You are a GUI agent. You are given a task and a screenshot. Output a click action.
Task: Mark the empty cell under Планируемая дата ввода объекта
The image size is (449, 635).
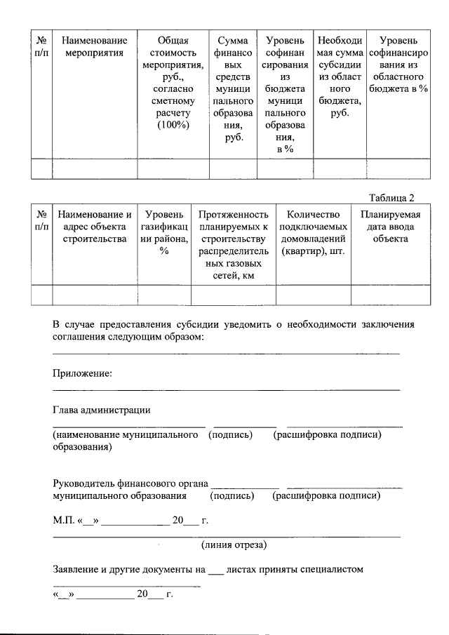coord(390,295)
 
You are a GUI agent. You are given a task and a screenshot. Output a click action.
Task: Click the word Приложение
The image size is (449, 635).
coord(82,373)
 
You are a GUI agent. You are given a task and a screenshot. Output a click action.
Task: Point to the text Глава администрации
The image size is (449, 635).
coord(102,410)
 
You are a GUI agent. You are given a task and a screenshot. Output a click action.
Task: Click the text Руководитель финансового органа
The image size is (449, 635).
coord(130,483)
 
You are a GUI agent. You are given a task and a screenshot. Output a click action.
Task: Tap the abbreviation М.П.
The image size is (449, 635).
coord(63,521)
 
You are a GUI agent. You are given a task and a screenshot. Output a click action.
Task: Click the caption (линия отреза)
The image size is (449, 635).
coord(234,544)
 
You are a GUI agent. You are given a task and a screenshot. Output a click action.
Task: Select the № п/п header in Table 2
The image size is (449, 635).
coord(42,220)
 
